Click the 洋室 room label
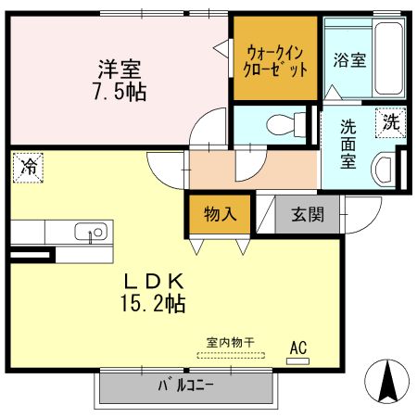click(x=120, y=69)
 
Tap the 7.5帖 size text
click(x=120, y=91)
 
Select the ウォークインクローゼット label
click(x=274, y=59)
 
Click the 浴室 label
click(x=349, y=61)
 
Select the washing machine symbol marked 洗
click(x=391, y=121)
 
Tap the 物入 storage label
click(x=220, y=214)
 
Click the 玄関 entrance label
click(x=308, y=215)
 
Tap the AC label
click(x=298, y=347)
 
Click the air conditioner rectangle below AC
click(x=298, y=360)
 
